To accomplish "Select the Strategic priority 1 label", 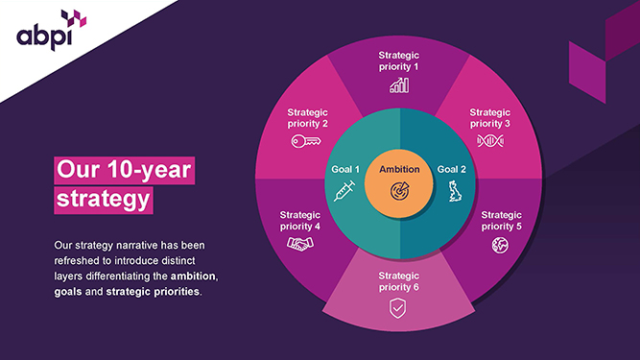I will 399,61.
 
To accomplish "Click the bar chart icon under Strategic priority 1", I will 399,85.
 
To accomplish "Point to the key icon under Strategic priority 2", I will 306,141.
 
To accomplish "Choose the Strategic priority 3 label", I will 490,118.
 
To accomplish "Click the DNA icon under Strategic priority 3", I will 490,141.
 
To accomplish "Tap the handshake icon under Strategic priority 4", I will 300,245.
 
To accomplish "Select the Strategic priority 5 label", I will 500,221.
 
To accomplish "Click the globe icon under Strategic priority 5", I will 500,245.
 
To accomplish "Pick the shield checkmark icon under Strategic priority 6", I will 398,308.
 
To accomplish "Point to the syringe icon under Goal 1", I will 344,192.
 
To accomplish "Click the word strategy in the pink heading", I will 103,201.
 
